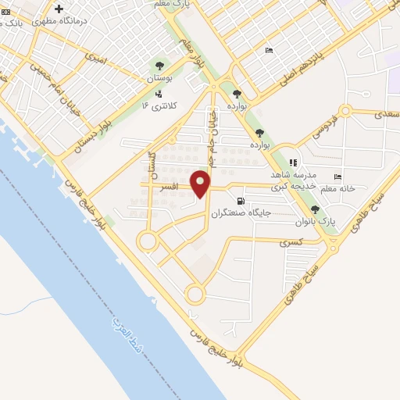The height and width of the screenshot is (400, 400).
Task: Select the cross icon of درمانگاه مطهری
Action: pyautogui.click(x=58, y=9)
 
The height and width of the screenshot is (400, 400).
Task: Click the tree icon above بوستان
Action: pyautogui.click(x=160, y=66)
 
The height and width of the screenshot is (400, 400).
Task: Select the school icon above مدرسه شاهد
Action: pyautogui.click(x=293, y=162)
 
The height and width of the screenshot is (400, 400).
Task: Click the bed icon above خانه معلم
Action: pyautogui.click(x=337, y=177)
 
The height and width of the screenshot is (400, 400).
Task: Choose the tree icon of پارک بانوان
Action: pyautogui.click(x=314, y=209)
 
